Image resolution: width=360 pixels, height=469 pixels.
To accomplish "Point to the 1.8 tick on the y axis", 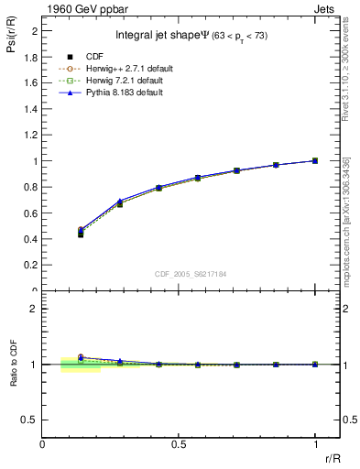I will click(x=33, y=56).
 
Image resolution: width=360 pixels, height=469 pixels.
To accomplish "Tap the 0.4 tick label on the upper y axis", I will click(x=33, y=239).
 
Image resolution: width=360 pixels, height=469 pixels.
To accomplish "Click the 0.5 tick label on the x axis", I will click(x=179, y=444).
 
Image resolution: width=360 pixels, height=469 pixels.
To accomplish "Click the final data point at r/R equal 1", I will click(x=315, y=160).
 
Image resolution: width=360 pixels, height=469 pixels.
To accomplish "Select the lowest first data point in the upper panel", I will click(x=81, y=234).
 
